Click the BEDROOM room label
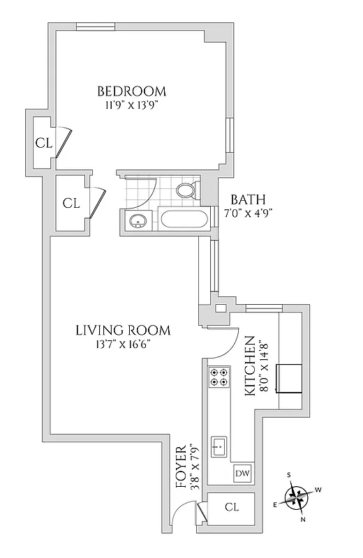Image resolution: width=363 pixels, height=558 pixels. (x=131, y=91)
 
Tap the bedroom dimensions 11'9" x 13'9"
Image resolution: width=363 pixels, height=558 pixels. (x=131, y=105)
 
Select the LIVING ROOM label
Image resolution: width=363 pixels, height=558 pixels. (x=122, y=331)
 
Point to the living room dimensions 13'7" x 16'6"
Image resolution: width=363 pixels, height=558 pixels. (x=122, y=345)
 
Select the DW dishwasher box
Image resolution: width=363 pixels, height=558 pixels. (x=242, y=474)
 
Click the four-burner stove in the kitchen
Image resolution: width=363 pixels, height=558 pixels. (x=218, y=377)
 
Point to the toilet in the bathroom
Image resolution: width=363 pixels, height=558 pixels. (x=186, y=190)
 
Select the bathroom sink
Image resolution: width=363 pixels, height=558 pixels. (x=137, y=221)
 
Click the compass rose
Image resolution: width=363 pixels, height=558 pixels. (x=298, y=497)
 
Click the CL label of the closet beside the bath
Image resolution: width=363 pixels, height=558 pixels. (x=71, y=203)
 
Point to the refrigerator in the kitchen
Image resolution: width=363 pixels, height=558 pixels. (x=288, y=377)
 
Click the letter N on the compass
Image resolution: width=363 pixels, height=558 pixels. (x=304, y=520)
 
